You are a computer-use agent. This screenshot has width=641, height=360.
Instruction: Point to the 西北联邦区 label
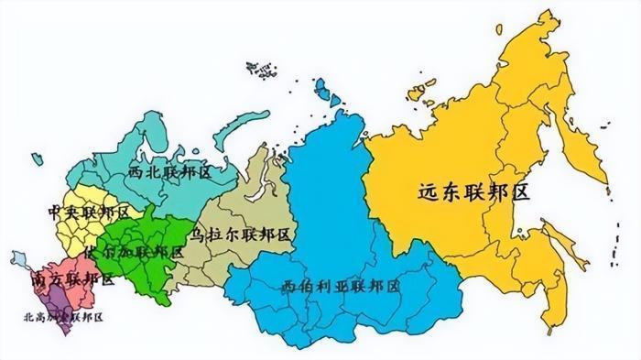pyautogui.click(x=170, y=171)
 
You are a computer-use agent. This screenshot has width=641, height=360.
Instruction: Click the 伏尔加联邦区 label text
pyautogui.click(x=132, y=250)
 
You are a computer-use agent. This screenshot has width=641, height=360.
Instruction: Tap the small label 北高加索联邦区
pyautogui.click(x=64, y=317)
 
